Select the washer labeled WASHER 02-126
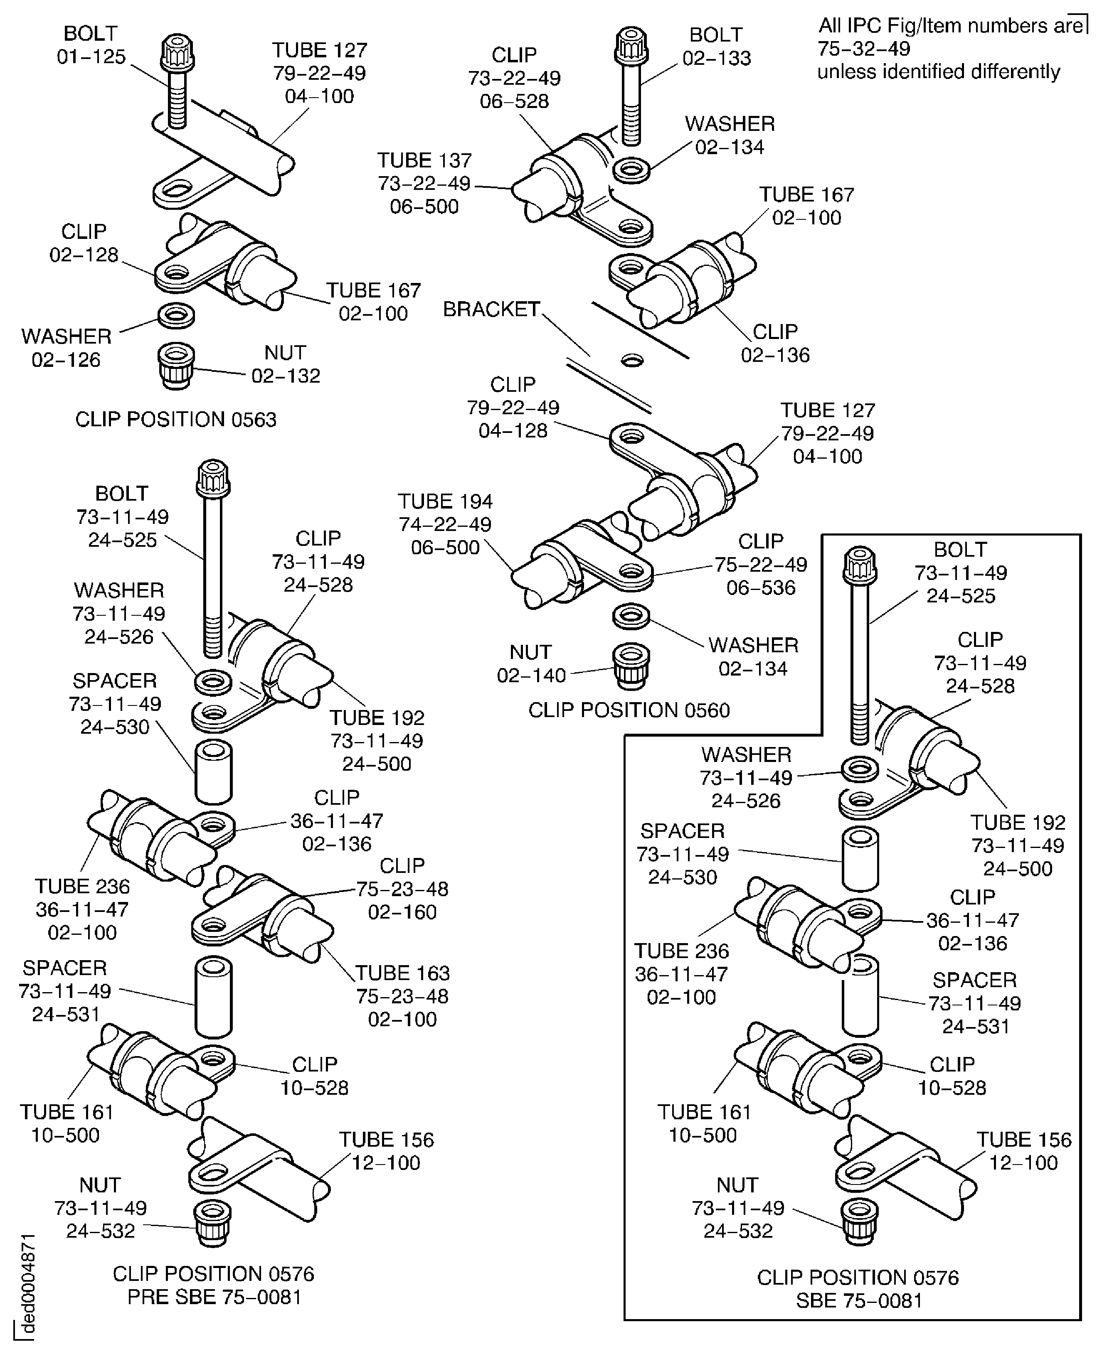pyautogui.click(x=176, y=315)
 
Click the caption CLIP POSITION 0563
pyautogui.click(x=176, y=419)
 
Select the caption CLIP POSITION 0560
pyautogui.click(x=629, y=710)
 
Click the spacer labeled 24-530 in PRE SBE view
pyautogui.click(x=213, y=772)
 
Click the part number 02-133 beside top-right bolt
pyautogui.click(x=716, y=59)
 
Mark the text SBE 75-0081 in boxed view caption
pyautogui.click(x=858, y=1301)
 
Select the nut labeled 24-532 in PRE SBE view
pyautogui.click(x=212, y=1222)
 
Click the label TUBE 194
pyautogui.click(x=445, y=501)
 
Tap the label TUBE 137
pyautogui.click(x=424, y=160)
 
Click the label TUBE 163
pyautogui.click(x=402, y=973)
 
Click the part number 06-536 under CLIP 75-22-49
pyautogui.click(x=760, y=587)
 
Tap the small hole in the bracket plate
pyautogui.click(x=631, y=360)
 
